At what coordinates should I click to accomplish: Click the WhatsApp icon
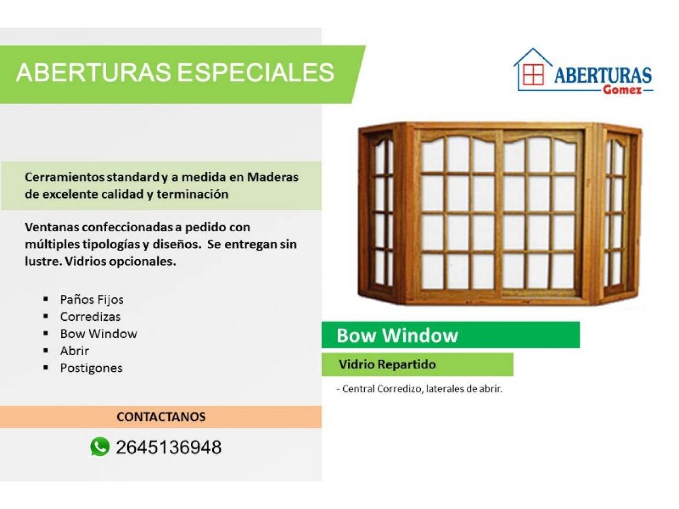tap(100, 446)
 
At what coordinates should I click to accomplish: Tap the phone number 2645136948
tap(169, 447)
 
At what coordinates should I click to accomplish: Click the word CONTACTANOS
tap(161, 417)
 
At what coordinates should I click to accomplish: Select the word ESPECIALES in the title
tap(256, 72)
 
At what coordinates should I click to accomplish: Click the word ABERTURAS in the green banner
tap(93, 72)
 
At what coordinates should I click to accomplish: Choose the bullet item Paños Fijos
tap(92, 300)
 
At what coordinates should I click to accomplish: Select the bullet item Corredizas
tap(90, 317)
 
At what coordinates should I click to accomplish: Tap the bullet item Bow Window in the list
tap(98, 334)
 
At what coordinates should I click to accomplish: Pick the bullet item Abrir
tap(75, 351)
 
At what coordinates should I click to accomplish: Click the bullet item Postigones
tap(91, 368)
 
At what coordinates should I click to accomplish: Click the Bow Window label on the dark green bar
tap(397, 335)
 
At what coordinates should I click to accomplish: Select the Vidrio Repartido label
tap(387, 365)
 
